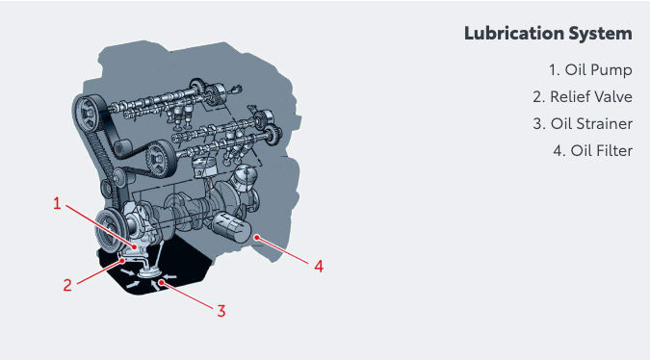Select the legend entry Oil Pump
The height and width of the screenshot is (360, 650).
point(590,70)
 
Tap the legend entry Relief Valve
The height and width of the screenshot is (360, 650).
point(583,97)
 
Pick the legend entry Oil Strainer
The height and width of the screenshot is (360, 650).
point(583,124)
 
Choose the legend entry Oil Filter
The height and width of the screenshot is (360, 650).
point(593,151)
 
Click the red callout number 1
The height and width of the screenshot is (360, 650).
point(57,203)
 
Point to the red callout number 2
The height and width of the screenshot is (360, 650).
point(67,285)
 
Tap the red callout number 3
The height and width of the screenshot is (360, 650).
point(221,311)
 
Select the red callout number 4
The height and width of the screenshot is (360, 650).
point(319,266)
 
